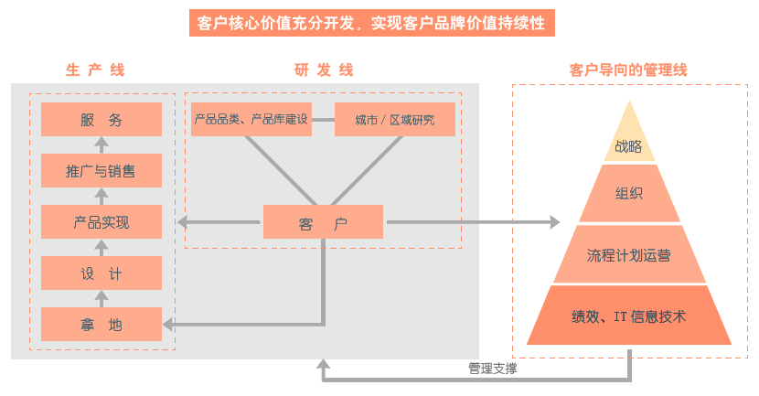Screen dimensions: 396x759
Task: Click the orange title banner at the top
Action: click(x=372, y=23)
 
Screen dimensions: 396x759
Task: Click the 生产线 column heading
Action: click(x=95, y=70)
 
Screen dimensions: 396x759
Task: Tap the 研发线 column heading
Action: click(x=324, y=70)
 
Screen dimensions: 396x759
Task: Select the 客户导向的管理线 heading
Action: click(x=627, y=70)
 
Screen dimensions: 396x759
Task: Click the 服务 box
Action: click(x=102, y=120)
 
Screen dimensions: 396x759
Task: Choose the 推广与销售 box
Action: click(x=102, y=171)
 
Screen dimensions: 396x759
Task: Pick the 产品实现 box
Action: click(x=102, y=222)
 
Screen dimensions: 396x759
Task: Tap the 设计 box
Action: click(x=102, y=273)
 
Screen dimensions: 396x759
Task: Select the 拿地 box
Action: click(x=102, y=324)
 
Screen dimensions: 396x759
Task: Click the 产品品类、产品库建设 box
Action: click(x=251, y=120)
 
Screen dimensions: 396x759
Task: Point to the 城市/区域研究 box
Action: click(x=395, y=120)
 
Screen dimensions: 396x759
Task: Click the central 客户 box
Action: click(x=323, y=222)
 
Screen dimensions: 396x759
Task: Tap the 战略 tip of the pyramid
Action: click(x=628, y=144)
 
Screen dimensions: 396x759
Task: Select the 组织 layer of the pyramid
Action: click(x=628, y=193)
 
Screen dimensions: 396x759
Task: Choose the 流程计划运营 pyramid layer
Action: click(x=628, y=255)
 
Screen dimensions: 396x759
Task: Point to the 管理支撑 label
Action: click(x=493, y=369)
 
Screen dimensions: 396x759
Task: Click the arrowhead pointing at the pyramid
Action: click(x=552, y=222)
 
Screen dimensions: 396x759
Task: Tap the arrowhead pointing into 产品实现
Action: click(x=181, y=222)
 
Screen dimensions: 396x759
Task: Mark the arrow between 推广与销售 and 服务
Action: click(x=102, y=144)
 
